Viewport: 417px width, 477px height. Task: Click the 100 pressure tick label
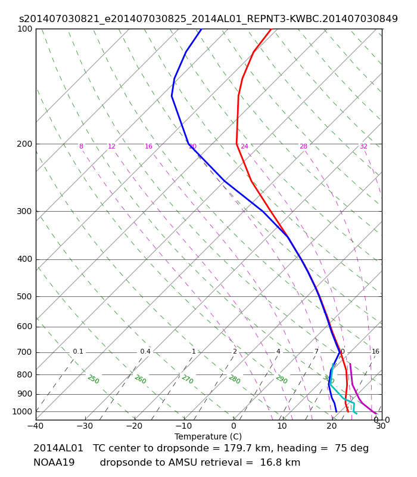[x=25, y=29]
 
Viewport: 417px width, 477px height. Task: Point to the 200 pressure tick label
[x=25, y=144]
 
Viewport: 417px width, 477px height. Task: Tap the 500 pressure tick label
[x=25, y=296]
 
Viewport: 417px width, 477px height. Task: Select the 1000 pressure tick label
[x=23, y=411]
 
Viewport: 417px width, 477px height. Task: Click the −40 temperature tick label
[x=35, y=426]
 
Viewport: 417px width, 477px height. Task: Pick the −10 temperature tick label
[x=183, y=426]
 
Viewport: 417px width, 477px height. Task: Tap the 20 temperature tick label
[x=332, y=426]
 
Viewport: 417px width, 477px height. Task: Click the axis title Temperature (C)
[x=208, y=436]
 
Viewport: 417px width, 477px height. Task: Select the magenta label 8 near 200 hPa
[x=81, y=147]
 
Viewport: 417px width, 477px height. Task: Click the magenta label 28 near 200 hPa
[x=303, y=147]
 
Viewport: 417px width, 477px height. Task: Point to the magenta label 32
[x=363, y=147]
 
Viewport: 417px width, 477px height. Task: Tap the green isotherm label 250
[x=93, y=380]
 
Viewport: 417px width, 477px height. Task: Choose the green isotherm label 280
[x=234, y=380]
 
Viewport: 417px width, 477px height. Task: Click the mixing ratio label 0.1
[x=78, y=352]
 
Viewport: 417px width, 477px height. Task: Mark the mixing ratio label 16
[x=375, y=352]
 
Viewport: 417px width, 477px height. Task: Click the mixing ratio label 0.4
[x=145, y=352]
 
